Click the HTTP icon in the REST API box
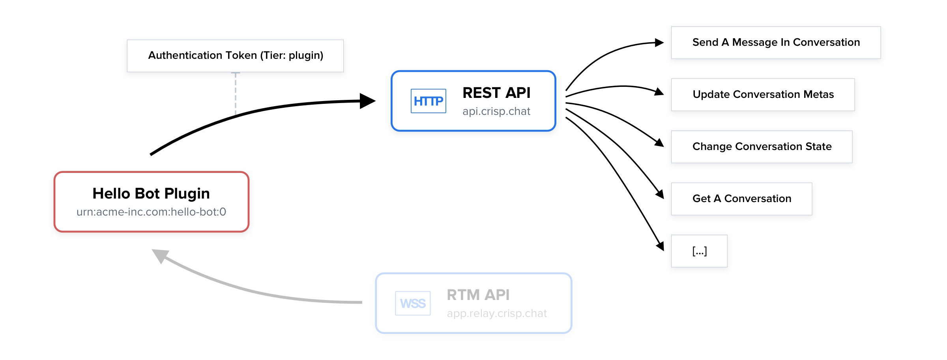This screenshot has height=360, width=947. pyautogui.click(x=428, y=101)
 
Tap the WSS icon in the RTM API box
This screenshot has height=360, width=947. pyautogui.click(x=413, y=303)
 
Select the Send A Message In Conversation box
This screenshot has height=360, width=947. pyautogui.click(x=776, y=43)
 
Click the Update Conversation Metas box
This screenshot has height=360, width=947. pyautogui.click(x=763, y=95)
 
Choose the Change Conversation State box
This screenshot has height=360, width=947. pyautogui.click(x=762, y=147)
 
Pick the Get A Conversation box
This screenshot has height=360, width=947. pyautogui.click(x=741, y=199)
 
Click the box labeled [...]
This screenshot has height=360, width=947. pyautogui.click(x=699, y=251)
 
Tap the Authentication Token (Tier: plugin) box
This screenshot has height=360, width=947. pyautogui.click(x=235, y=56)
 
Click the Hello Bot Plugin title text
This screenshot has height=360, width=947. pyautogui.click(x=151, y=193)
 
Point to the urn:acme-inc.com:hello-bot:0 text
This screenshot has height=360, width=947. pyautogui.click(x=151, y=212)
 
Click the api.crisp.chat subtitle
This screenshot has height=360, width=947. pyautogui.click(x=496, y=111)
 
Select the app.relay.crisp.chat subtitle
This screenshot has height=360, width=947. pyautogui.click(x=496, y=313)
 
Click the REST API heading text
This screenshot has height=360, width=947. pyautogui.click(x=496, y=93)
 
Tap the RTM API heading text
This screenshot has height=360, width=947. pyautogui.click(x=478, y=295)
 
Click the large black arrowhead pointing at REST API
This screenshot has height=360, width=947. pyautogui.click(x=367, y=101)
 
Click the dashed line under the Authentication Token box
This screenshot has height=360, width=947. pyautogui.click(x=236, y=93)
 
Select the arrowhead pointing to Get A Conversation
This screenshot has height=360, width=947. pyautogui.click(x=660, y=194)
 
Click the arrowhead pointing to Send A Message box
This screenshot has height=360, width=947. pyautogui.click(x=659, y=43)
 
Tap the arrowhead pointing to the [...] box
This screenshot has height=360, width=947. pyautogui.click(x=660, y=246)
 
